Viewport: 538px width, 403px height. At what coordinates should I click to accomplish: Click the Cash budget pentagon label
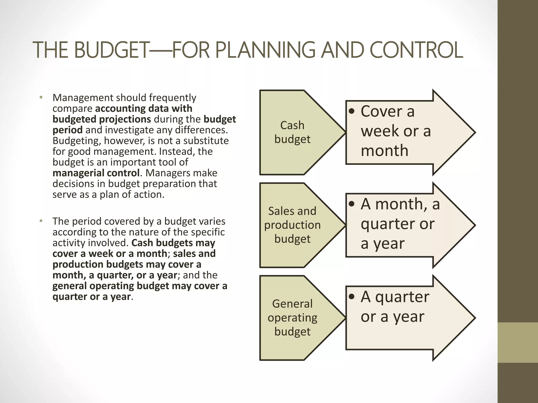(292, 132)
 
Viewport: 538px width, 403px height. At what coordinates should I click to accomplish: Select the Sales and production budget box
(292, 225)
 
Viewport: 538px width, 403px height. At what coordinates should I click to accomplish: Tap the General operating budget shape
(292, 317)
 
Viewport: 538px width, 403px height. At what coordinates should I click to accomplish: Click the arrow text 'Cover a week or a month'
(395, 131)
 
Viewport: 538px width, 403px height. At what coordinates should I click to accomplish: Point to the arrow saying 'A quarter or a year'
(394, 307)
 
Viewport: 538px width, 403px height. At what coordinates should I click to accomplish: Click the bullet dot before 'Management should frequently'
(41, 98)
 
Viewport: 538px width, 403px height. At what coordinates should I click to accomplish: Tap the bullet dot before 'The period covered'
(41, 221)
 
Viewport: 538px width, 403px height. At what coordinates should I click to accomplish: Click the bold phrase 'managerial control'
(96, 173)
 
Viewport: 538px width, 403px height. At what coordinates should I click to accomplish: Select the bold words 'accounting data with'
(143, 108)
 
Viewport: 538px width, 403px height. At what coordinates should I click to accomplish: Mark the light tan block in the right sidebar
(518, 342)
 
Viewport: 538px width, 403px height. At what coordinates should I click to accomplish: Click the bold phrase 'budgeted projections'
(102, 119)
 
